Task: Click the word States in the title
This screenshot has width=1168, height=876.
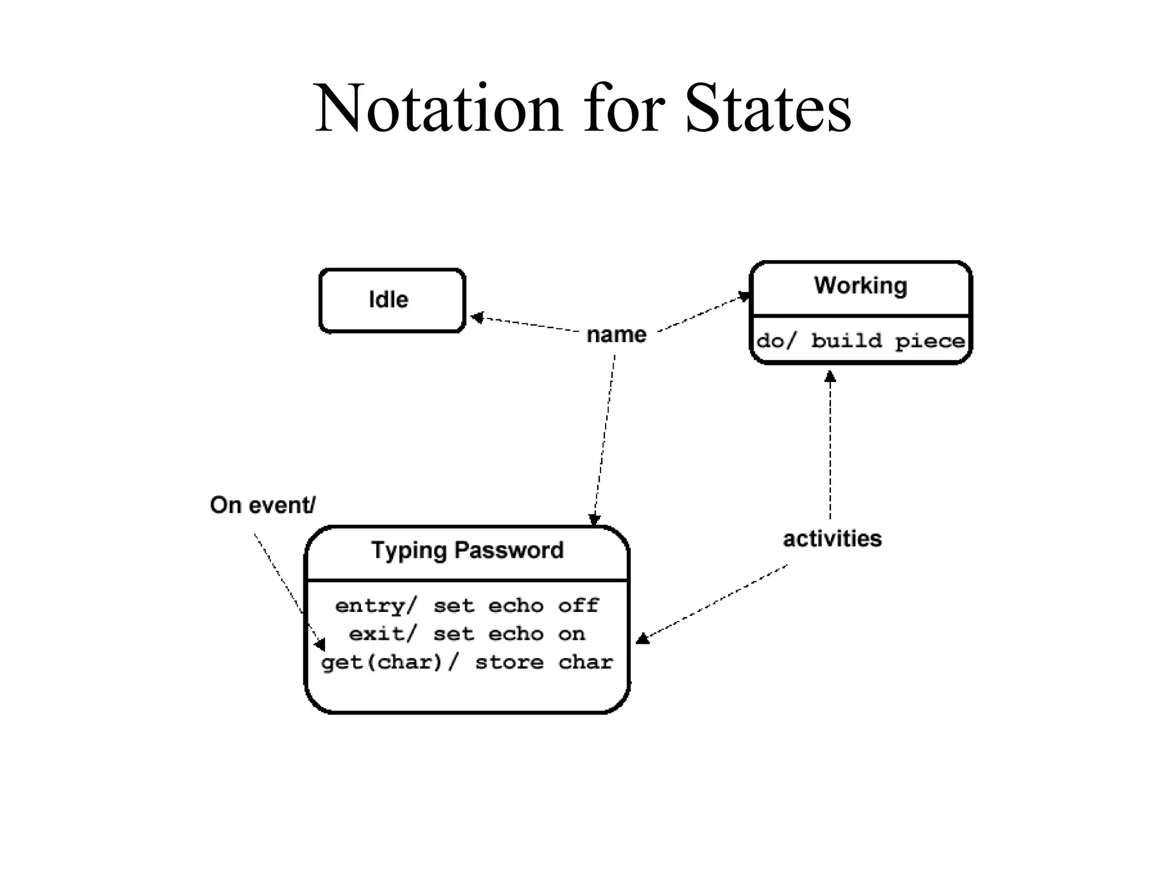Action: [x=768, y=108]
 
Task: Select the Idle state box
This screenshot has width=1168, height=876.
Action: [x=392, y=300]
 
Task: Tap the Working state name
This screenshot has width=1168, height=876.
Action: [x=860, y=286]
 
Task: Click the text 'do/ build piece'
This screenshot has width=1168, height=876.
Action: [x=860, y=341]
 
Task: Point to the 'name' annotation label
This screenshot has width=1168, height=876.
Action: [x=617, y=334]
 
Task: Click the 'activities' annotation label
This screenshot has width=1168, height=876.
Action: [x=832, y=538]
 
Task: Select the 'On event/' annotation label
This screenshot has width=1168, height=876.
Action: [x=262, y=505]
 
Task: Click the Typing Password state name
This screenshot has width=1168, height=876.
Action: [x=467, y=550]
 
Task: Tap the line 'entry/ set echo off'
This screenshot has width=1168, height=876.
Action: [x=467, y=605]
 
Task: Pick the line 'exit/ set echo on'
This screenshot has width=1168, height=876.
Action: [x=467, y=634]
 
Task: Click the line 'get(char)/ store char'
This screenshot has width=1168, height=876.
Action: [x=467, y=662]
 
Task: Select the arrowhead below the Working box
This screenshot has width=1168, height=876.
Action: [x=830, y=376]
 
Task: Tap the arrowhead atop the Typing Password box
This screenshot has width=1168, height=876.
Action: [x=594, y=520]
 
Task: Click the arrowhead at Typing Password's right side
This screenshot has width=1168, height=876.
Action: [x=643, y=638]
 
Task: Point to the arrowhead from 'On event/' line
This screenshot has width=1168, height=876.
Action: [x=321, y=644]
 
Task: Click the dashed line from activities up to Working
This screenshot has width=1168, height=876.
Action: [x=830, y=451]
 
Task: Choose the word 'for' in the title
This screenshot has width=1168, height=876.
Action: [x=624, y=108]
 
